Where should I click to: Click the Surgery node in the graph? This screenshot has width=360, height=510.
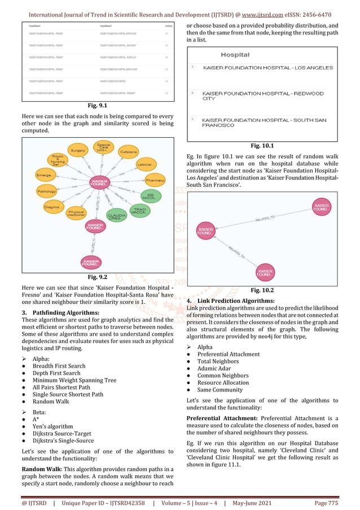(78, 150)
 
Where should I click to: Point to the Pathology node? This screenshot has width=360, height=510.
(46, 191)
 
